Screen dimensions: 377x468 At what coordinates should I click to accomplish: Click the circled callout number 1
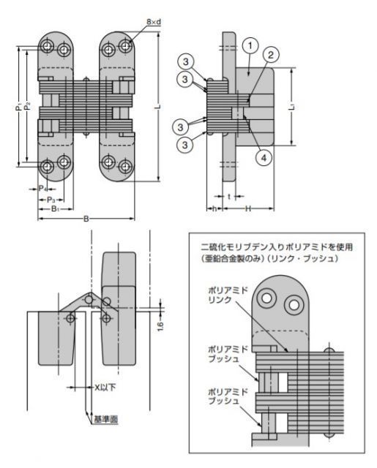click(x=250, y=45)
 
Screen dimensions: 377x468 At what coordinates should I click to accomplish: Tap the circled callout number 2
click(x=271, y=55)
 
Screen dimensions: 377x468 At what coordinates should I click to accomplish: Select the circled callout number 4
click(x=264, y=157)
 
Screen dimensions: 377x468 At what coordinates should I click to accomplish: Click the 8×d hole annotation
click(x=154, y=22)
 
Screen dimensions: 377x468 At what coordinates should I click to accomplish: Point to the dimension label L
click(x=159, y=107)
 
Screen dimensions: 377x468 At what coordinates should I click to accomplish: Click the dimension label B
click(x=86, y=219)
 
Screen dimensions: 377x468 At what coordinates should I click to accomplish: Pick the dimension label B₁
click(x=55, y=208)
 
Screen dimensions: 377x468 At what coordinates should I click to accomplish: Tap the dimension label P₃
click(x=51, y=200)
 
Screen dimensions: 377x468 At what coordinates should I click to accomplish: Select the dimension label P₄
click(x=42, y=189)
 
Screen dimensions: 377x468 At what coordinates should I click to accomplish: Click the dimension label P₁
click(x=19, y=107)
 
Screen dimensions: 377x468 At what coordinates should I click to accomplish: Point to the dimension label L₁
click(x=293, y=107)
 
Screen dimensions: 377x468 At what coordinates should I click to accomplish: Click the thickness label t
click(x=229, y=197)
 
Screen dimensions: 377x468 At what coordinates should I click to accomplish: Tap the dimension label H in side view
click(x=248, y=208)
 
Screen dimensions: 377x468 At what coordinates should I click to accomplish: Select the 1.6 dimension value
click(x=160, y=326)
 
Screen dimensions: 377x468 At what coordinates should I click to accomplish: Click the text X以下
click(x=105, y=388)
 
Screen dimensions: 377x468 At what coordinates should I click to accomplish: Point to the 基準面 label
click(x=105, y=419)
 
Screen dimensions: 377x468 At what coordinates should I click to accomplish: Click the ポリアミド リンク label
click(x=228, y=295)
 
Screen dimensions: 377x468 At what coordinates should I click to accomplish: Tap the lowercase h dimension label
click(x=214, y=208)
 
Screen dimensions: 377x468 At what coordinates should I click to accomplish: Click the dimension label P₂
click(x=27, y=106)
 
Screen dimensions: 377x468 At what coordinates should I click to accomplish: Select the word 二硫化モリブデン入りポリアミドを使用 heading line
click(x=277, y=247)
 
